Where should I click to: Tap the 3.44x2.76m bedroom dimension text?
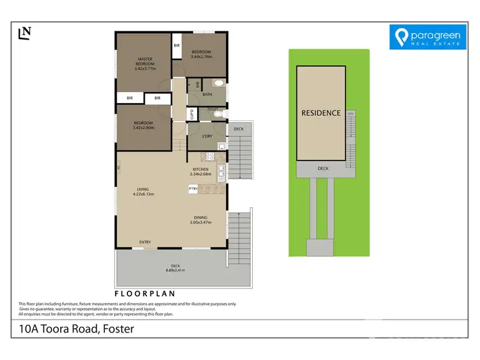[200, 56]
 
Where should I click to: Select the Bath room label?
[207, 95]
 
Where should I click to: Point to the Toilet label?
[214, 110]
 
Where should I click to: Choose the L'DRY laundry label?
[207, 136]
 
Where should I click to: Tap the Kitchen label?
[200, 169]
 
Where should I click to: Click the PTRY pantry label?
[193, 189]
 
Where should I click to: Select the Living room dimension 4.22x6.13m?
[143, 194]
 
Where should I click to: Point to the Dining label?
[201, 218]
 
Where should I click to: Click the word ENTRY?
[145, 242]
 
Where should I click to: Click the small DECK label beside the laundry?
[239, 129]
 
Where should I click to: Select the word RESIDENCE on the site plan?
[321, 113]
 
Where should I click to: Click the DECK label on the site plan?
[323, 168]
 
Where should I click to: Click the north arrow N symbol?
[26, 33]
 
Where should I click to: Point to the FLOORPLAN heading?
[145, 293]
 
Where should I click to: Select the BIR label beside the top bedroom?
[177, 46]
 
